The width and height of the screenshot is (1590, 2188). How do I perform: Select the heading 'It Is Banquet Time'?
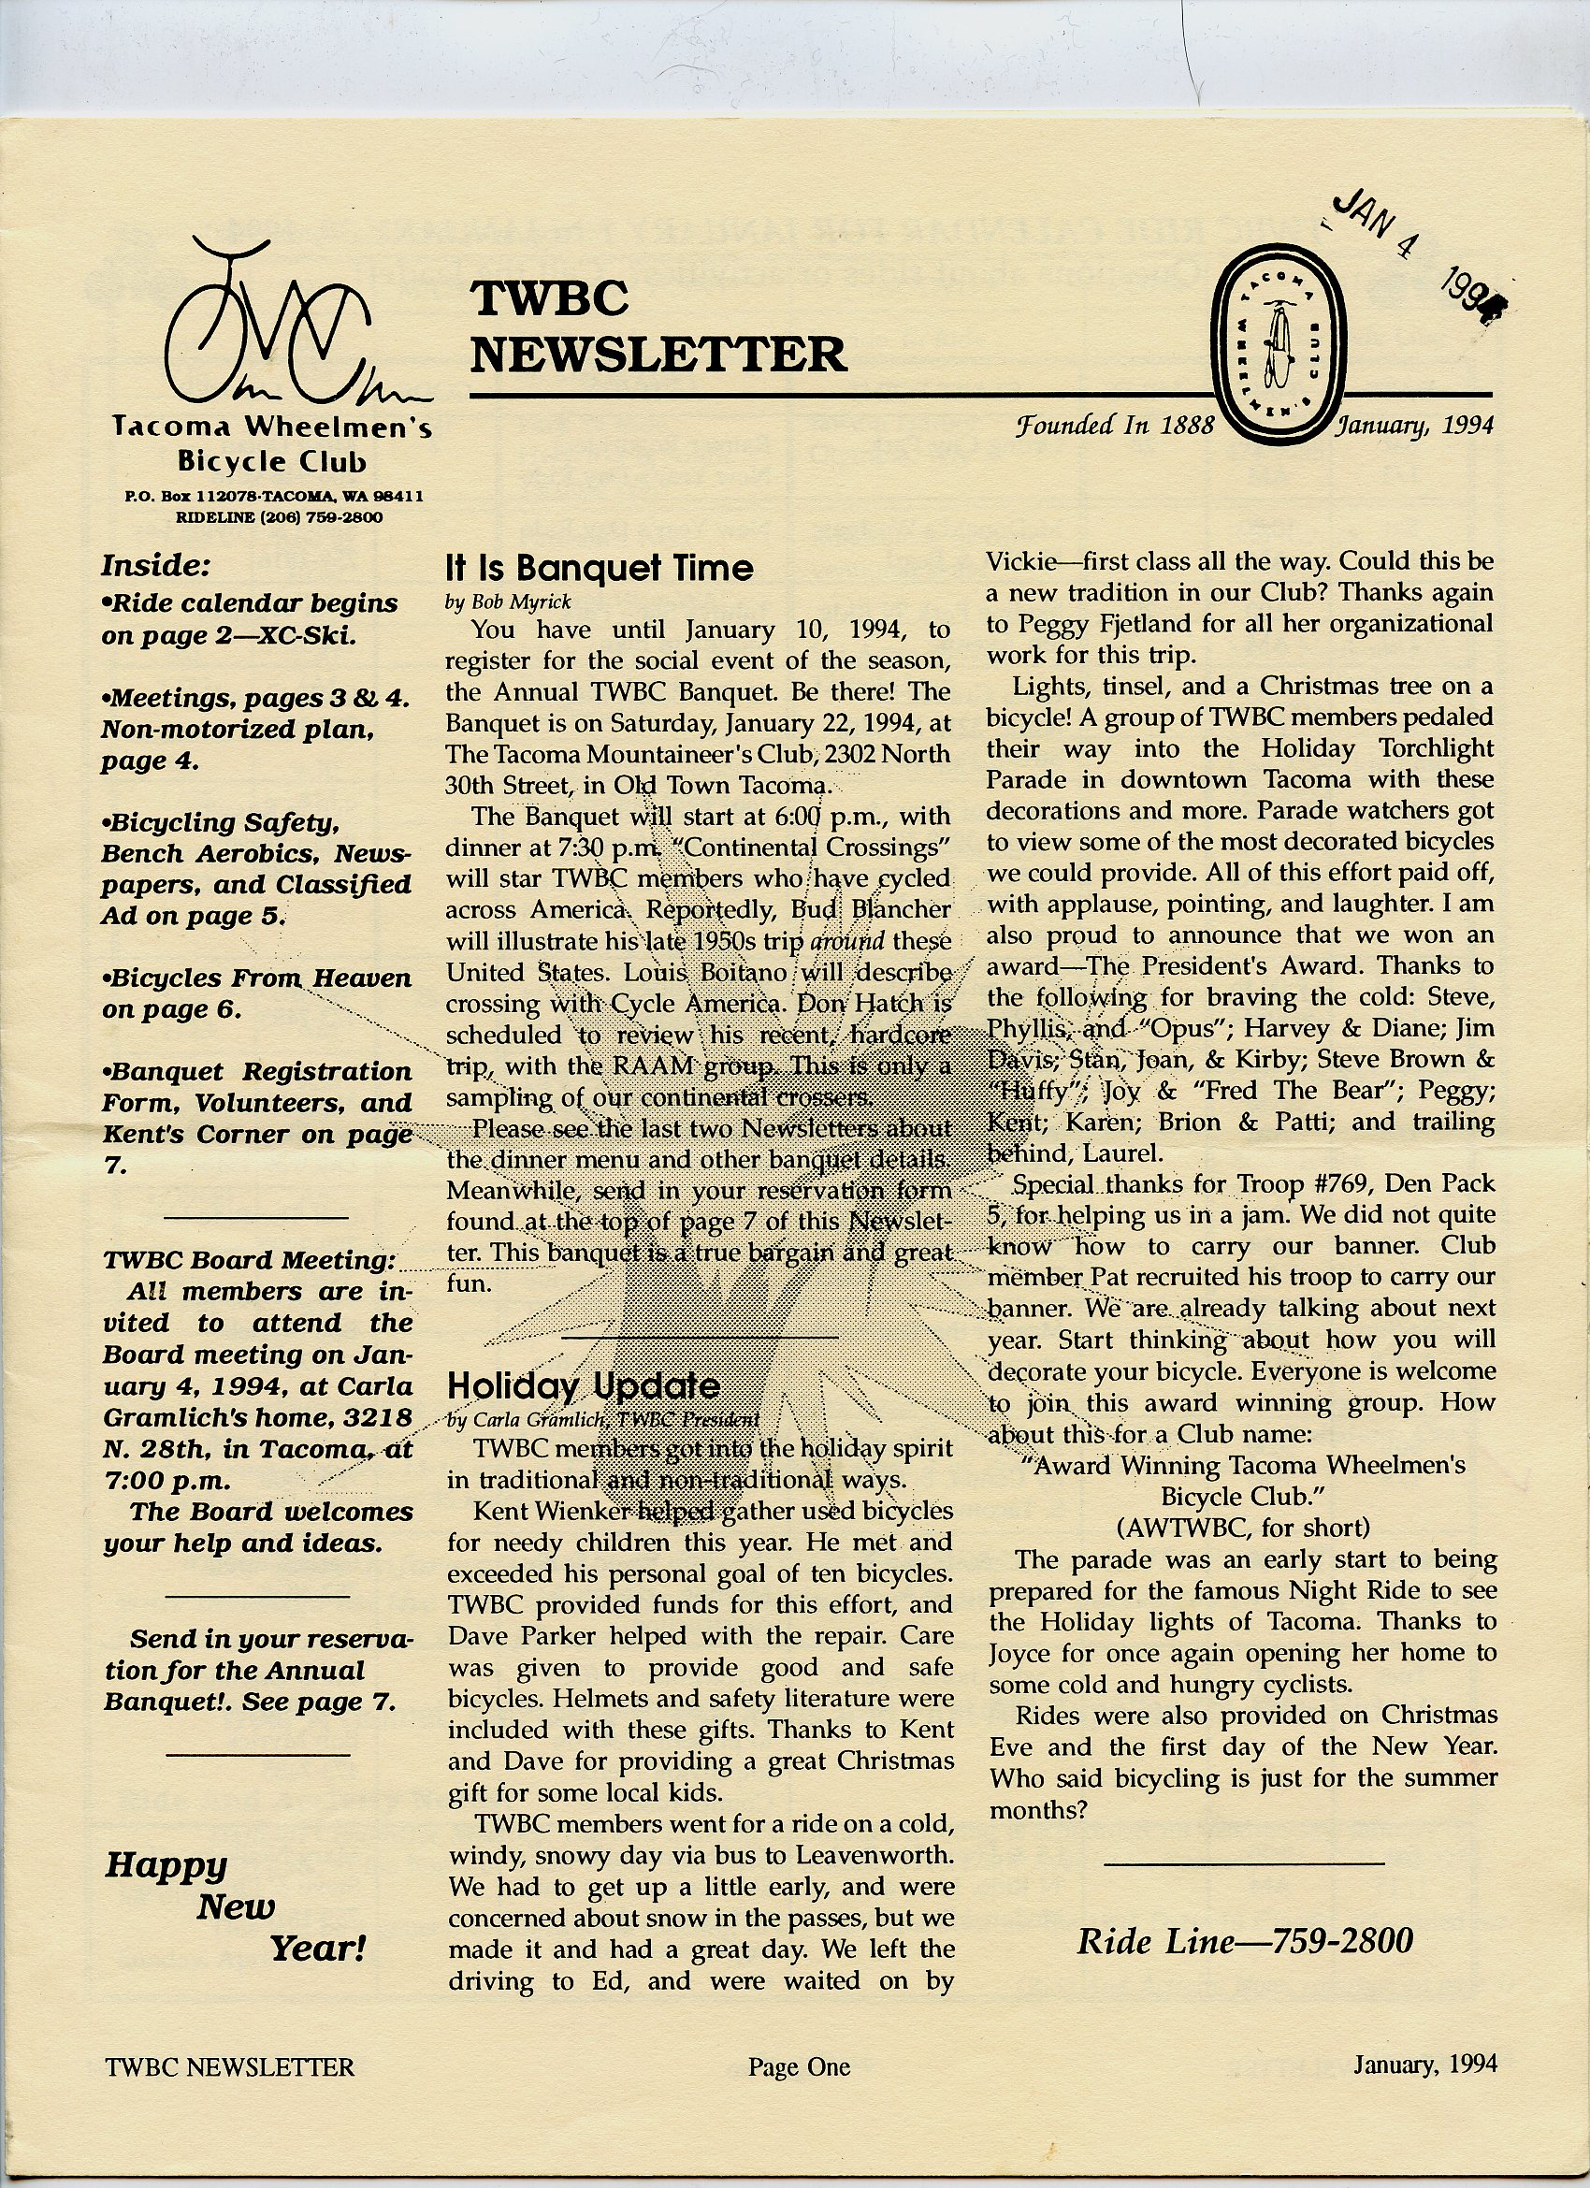coord(599,567)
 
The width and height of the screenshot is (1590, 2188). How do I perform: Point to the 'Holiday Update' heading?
coord(584,1385)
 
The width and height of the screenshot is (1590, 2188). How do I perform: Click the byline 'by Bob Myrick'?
coord(509,602)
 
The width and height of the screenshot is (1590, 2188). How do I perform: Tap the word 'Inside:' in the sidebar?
coord(155,565)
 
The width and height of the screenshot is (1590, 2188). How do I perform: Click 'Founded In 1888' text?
coord(1114,425)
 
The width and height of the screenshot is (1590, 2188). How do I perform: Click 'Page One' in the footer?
coord(799,2066)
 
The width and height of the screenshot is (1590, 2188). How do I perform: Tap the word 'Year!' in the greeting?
coord(317,1949)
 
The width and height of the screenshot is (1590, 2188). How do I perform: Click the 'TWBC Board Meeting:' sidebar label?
coord(249,1260)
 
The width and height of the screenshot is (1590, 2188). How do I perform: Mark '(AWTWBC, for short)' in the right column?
coord(1242,1528)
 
